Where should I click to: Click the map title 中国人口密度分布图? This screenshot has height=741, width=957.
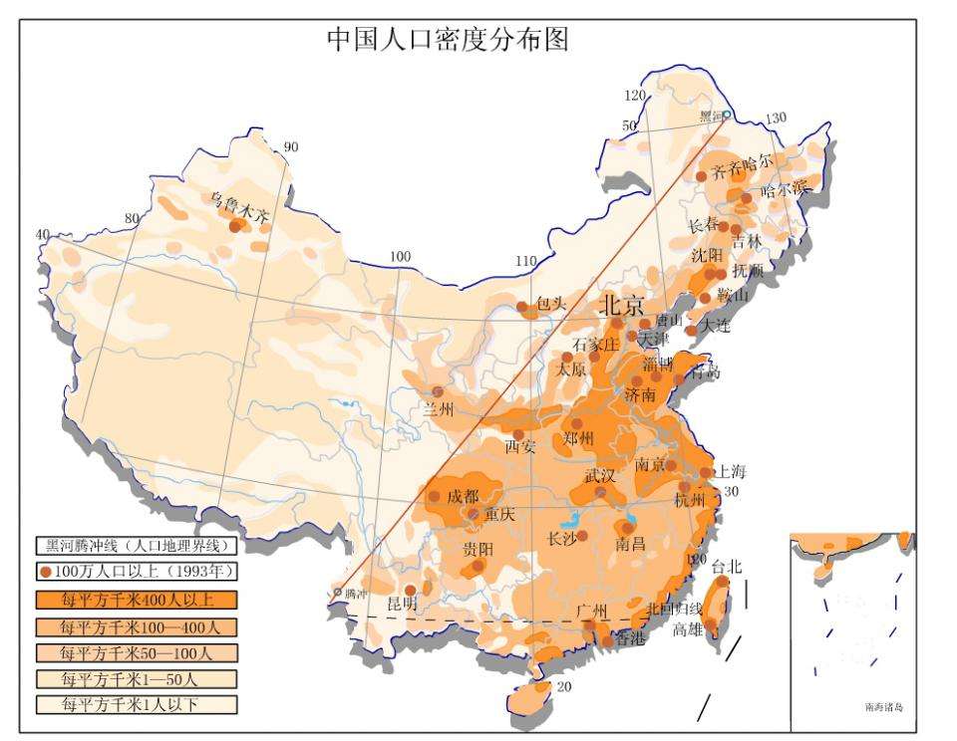[x=449, y=39]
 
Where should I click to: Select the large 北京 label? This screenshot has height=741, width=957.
[x=621, y=305]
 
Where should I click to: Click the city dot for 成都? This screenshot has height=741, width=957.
[x=435, y=496]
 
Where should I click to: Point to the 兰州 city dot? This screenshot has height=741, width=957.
[x=437, y=390]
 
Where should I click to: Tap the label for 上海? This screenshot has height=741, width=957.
[x=730, y=472]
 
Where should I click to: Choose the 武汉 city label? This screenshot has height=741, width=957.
[x=601, y=476]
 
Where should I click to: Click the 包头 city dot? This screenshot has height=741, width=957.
[x=520, y=307]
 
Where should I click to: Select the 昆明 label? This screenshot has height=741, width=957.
[x=402, y=604]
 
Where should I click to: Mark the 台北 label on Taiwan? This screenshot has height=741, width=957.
[x=727, y=566]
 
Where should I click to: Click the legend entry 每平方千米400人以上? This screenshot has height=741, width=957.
[x=137, y=600]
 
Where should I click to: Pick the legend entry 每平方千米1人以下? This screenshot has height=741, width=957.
[x=137, y=704]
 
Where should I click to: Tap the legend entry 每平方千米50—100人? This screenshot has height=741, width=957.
[x=137, y=652]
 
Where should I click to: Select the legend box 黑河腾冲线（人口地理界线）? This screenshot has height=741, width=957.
[x=137, y=546]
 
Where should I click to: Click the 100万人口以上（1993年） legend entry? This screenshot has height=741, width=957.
[x=137, y=573]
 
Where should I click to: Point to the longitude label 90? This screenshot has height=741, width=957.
[x=291, y=147]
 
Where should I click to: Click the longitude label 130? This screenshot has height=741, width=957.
[x=776, y=119]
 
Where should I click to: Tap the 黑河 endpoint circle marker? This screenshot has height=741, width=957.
[x=727, y=116]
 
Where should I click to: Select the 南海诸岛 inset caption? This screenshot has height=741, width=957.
[x=883, y=707]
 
